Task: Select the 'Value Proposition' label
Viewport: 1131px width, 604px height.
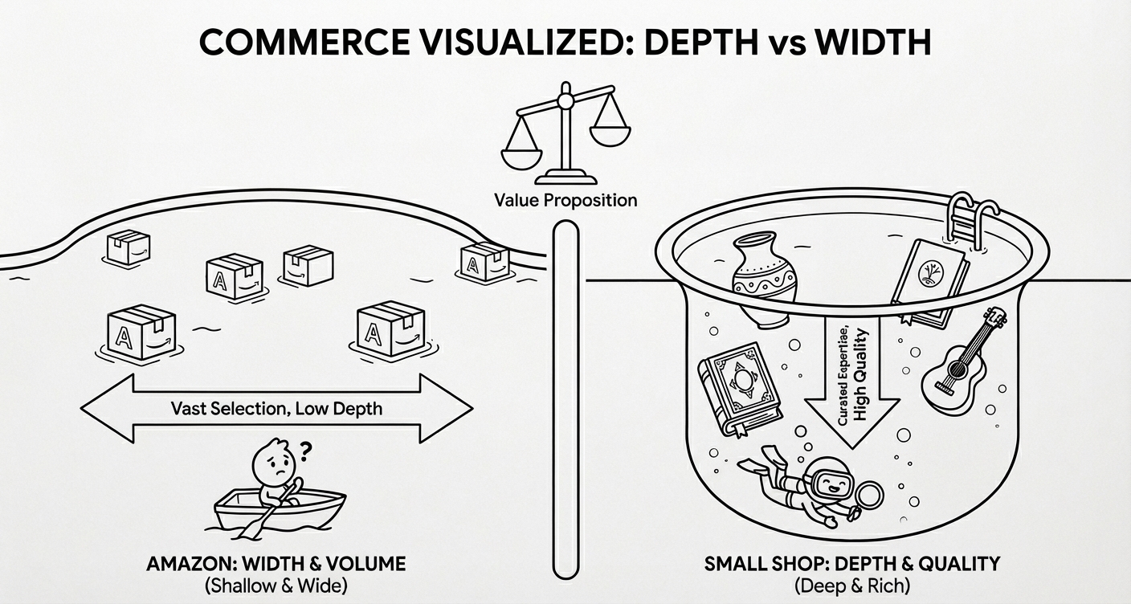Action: [x=565, y=199]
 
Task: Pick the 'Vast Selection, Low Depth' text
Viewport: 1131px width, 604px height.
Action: [x=277, y=409]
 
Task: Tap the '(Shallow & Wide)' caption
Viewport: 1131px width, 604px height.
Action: [x=276, y=586]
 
